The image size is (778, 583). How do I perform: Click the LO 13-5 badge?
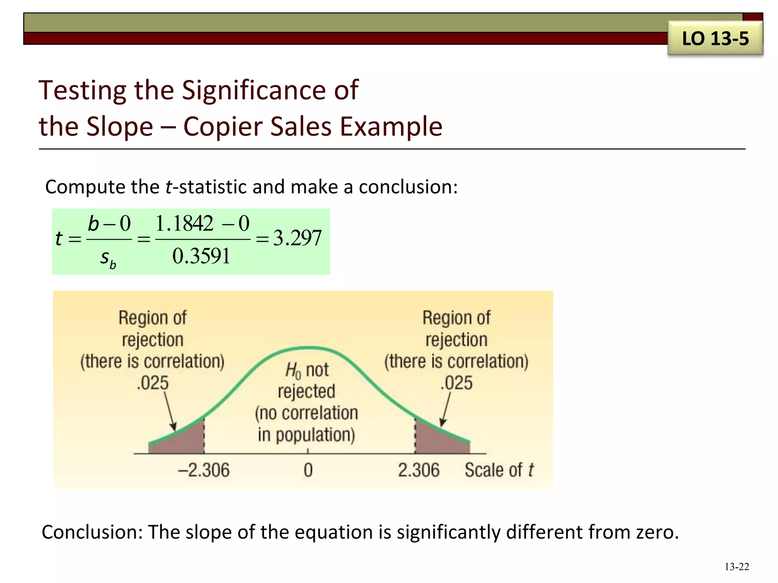tap(715, 39)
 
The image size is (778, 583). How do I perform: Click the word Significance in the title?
tap(253, 91)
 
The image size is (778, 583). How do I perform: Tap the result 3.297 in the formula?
tap(297, 238)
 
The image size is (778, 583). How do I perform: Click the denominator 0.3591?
tap(201, 256)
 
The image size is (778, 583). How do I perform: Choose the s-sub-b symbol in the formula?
tap(108, 258)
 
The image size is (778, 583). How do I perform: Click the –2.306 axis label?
tap(204, 470)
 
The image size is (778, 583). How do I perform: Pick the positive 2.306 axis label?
tap(419, 470)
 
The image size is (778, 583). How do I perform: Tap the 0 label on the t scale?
tap(308, 470)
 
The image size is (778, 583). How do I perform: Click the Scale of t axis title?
tap(499, 470)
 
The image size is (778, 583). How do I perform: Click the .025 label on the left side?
tap(152, 383)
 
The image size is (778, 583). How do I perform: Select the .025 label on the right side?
tap(456, 383)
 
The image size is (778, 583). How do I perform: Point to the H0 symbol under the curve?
tap(293, 370)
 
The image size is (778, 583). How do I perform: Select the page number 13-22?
tap(737, 567)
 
